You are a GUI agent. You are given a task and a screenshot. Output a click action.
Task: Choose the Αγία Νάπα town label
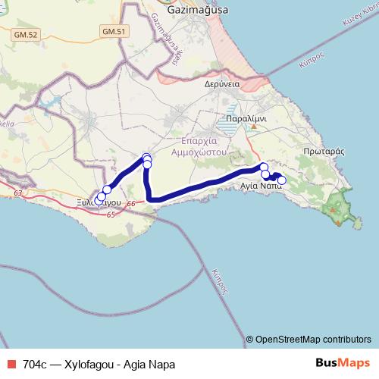point(261,185)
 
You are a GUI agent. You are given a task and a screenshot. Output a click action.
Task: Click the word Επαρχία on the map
point(201,141)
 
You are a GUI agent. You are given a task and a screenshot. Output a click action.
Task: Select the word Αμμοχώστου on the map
point(201,152)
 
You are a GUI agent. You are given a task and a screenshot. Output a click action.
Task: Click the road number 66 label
point(130,203)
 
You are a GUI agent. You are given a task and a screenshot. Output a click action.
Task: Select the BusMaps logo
point(342,362)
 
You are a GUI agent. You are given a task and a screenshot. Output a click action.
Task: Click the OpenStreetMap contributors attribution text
point(313,340)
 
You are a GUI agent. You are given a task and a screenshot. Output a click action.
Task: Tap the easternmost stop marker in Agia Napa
point(282,180)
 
